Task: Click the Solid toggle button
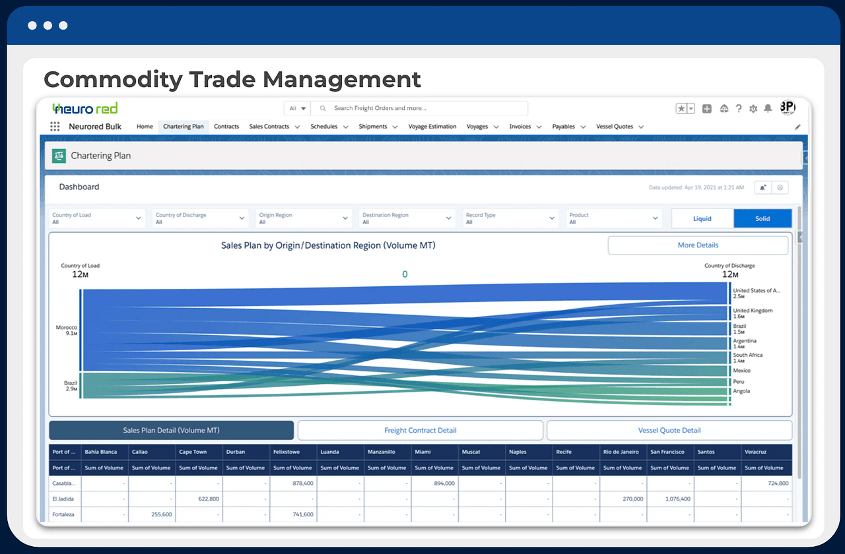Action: coord(762,219)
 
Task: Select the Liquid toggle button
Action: coord(702,219)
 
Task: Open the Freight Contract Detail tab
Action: coord(420,431)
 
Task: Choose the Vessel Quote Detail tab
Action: coord(669,431)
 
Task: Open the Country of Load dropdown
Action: coord(97,218)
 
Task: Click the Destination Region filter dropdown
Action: coord(407,218)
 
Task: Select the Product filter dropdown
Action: coord(613,218)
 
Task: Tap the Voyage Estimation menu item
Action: coord(432,127)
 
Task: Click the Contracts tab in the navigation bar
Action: coord(226,127)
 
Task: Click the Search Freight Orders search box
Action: coord(422,108)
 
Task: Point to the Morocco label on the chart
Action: coord(67,328)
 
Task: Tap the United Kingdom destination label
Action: coord(753,311)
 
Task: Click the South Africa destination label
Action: coord(747,355)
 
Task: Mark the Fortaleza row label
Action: coord(64,514)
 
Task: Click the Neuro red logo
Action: coord(85,108)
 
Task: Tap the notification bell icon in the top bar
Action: coord(768,109)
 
